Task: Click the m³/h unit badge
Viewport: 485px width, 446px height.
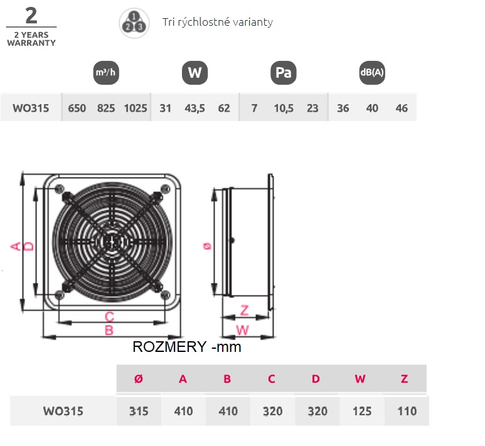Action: coord(106,73)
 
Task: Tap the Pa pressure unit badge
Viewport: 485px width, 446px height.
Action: coord(284,73)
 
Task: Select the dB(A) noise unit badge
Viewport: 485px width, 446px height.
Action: coord(372,73)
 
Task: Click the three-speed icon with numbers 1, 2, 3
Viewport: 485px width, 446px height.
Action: coord(134,23)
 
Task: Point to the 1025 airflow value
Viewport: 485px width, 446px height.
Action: coord(136,109)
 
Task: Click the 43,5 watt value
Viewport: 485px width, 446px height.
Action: coord(195,109)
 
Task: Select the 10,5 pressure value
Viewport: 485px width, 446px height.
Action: coord(284,109)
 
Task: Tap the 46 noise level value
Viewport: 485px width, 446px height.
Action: coord(402,109)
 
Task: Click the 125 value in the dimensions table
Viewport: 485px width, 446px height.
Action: coord(362,411)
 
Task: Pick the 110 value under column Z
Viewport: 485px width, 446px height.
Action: coord(407,411)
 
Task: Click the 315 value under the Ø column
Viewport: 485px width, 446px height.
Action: coord(139,411)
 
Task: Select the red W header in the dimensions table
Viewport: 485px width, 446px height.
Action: coord(360,379)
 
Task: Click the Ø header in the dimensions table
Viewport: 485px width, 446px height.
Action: coord(139,379)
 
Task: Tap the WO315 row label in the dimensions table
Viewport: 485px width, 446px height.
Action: coord(63,411)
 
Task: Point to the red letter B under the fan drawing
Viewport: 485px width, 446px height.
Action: coord(109,331)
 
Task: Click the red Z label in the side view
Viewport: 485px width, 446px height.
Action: coord(244,311)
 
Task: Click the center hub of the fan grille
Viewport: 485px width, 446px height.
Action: coord(112,242)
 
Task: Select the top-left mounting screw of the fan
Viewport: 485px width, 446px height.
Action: coord(59,189)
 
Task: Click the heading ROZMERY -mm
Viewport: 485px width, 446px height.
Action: coord(187,347)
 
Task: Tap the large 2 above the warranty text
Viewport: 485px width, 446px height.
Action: coord(31,16)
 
